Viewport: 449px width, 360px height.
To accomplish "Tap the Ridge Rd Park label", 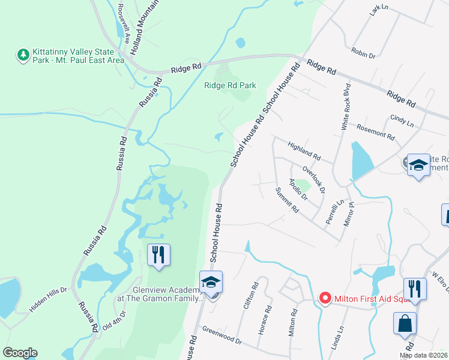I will coord(230,85).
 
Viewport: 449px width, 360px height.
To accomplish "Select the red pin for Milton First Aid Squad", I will coord(325,298).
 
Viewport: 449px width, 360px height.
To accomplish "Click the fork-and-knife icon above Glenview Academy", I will coord(158,254).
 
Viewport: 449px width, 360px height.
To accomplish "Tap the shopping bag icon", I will coord(405,323).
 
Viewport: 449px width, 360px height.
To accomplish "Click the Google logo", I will coord(20,353).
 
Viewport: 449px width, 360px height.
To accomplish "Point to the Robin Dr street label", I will coord(364,54).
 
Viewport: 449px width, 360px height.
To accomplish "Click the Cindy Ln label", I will coord(402,121).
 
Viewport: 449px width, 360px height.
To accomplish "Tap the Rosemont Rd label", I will coord(375,132).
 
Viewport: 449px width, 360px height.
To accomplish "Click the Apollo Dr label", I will coord(298,189).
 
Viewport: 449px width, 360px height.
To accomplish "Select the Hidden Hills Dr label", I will coord(49,303).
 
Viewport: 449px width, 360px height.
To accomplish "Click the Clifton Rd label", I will coord(249,296).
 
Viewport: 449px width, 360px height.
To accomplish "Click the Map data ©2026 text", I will coord(423,355).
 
